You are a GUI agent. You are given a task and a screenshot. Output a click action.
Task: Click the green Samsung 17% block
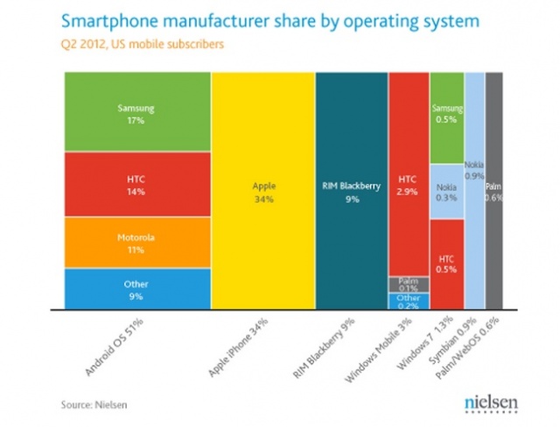[x=136, y=113]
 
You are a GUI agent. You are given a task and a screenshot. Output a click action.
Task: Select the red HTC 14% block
[x=136, y=185]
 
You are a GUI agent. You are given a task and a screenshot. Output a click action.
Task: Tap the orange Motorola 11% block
[x=136, y=242]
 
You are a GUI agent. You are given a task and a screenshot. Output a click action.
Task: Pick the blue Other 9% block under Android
[x=136, y=288]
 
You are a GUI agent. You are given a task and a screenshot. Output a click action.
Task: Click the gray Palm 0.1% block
[x=408, y=284]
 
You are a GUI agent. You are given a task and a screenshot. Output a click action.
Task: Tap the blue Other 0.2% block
[x=408, y=301]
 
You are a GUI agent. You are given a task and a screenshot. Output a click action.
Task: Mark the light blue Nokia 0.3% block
[x=446, y=191]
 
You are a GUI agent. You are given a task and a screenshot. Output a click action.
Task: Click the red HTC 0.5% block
[x=446, y=263]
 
